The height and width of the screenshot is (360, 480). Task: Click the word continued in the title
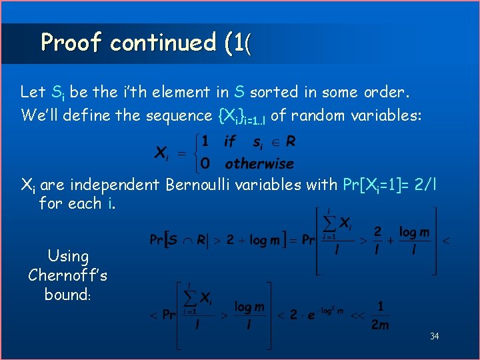point(163,43)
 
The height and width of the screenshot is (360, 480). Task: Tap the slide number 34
point(435,336)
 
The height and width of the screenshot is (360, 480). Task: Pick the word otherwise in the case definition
point(259,163)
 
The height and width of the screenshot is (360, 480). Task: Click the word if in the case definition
point(230,142)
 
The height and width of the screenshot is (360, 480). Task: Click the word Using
point(68,256)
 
